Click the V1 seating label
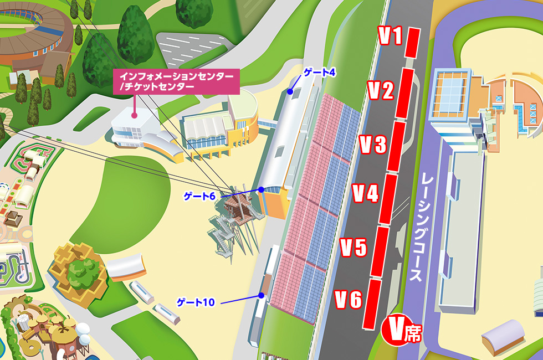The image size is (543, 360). point(390,37)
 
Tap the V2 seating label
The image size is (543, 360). point(381,90)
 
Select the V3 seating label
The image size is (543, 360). point(372,145)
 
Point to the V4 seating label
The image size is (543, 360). point(365,193)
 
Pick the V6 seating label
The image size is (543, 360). point(349,300)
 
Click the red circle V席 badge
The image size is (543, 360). point(401,331)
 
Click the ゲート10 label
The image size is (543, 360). point(195,302)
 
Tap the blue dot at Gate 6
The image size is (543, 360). point(260,189)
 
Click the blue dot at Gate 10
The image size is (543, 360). point(260,296)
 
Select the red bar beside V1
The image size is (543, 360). point(411,42)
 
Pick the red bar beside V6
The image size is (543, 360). point(372,304)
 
